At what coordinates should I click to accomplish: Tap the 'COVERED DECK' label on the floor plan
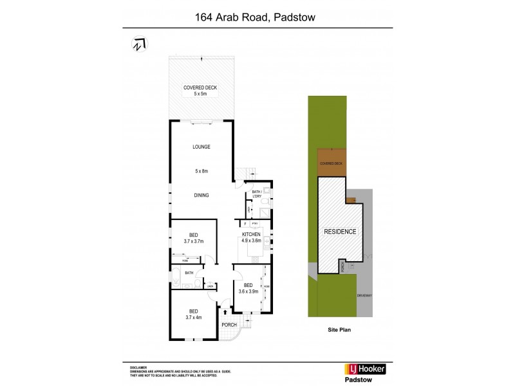pyautogui.click(x=200, y=87)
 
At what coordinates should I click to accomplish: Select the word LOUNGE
pyautogui.click(x=201, y=147)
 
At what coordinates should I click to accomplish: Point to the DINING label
pyautogui.click(x=201, y=195)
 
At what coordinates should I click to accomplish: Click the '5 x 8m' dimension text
pyautogui.click(x=202, y=171)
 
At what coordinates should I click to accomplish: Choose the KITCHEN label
pyautogui.click(x=251, y=235)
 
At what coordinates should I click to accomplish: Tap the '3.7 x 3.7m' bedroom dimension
pyautogui.click(x=193, y=242)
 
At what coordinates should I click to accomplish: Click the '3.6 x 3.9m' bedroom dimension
pyautogui.click(x=247, y=291)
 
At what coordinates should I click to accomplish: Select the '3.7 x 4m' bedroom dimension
pyautogui.click(x=193, y=317)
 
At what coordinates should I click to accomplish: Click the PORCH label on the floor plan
pyautogui.click(x=229, y=325)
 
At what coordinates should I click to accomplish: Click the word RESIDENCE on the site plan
pyautogui.click(x=340, y=230)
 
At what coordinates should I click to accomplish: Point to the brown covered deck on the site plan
pyautogui.click(x=332, y=163)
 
